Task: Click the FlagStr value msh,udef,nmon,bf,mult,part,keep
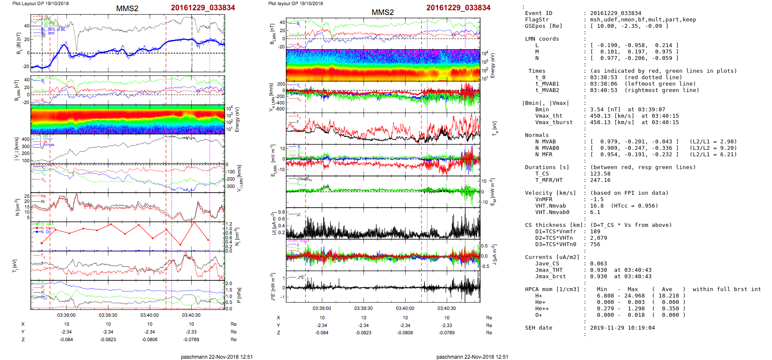643,20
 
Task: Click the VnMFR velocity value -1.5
597,199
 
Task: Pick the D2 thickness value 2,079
598,238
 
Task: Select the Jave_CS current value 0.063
598,264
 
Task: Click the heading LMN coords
542,39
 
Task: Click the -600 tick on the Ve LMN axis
280,109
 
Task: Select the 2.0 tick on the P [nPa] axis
229,283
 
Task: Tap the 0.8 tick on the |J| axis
282,212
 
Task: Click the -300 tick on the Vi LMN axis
231,186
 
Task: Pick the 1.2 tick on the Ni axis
229,224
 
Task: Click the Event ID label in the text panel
538,13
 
